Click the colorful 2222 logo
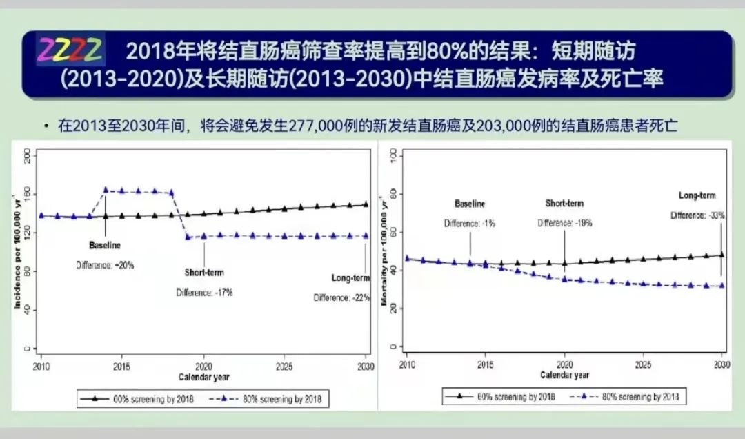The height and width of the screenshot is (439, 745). (70, 49)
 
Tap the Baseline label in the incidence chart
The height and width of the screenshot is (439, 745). (105, 245)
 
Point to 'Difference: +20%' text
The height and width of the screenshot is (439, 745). (105, 264)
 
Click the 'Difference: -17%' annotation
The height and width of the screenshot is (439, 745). (204, 292)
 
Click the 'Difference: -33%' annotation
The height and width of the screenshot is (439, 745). (698, 215)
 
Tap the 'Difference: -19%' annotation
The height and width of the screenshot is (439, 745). (564, 223)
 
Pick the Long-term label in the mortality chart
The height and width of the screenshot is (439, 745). (697, 196)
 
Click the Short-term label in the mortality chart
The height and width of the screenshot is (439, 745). (564, 204)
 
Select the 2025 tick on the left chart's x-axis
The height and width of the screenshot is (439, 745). (284, 365)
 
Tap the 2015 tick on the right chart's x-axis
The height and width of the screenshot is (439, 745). (486, 364)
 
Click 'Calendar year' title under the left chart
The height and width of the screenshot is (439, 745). (203, 377)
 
